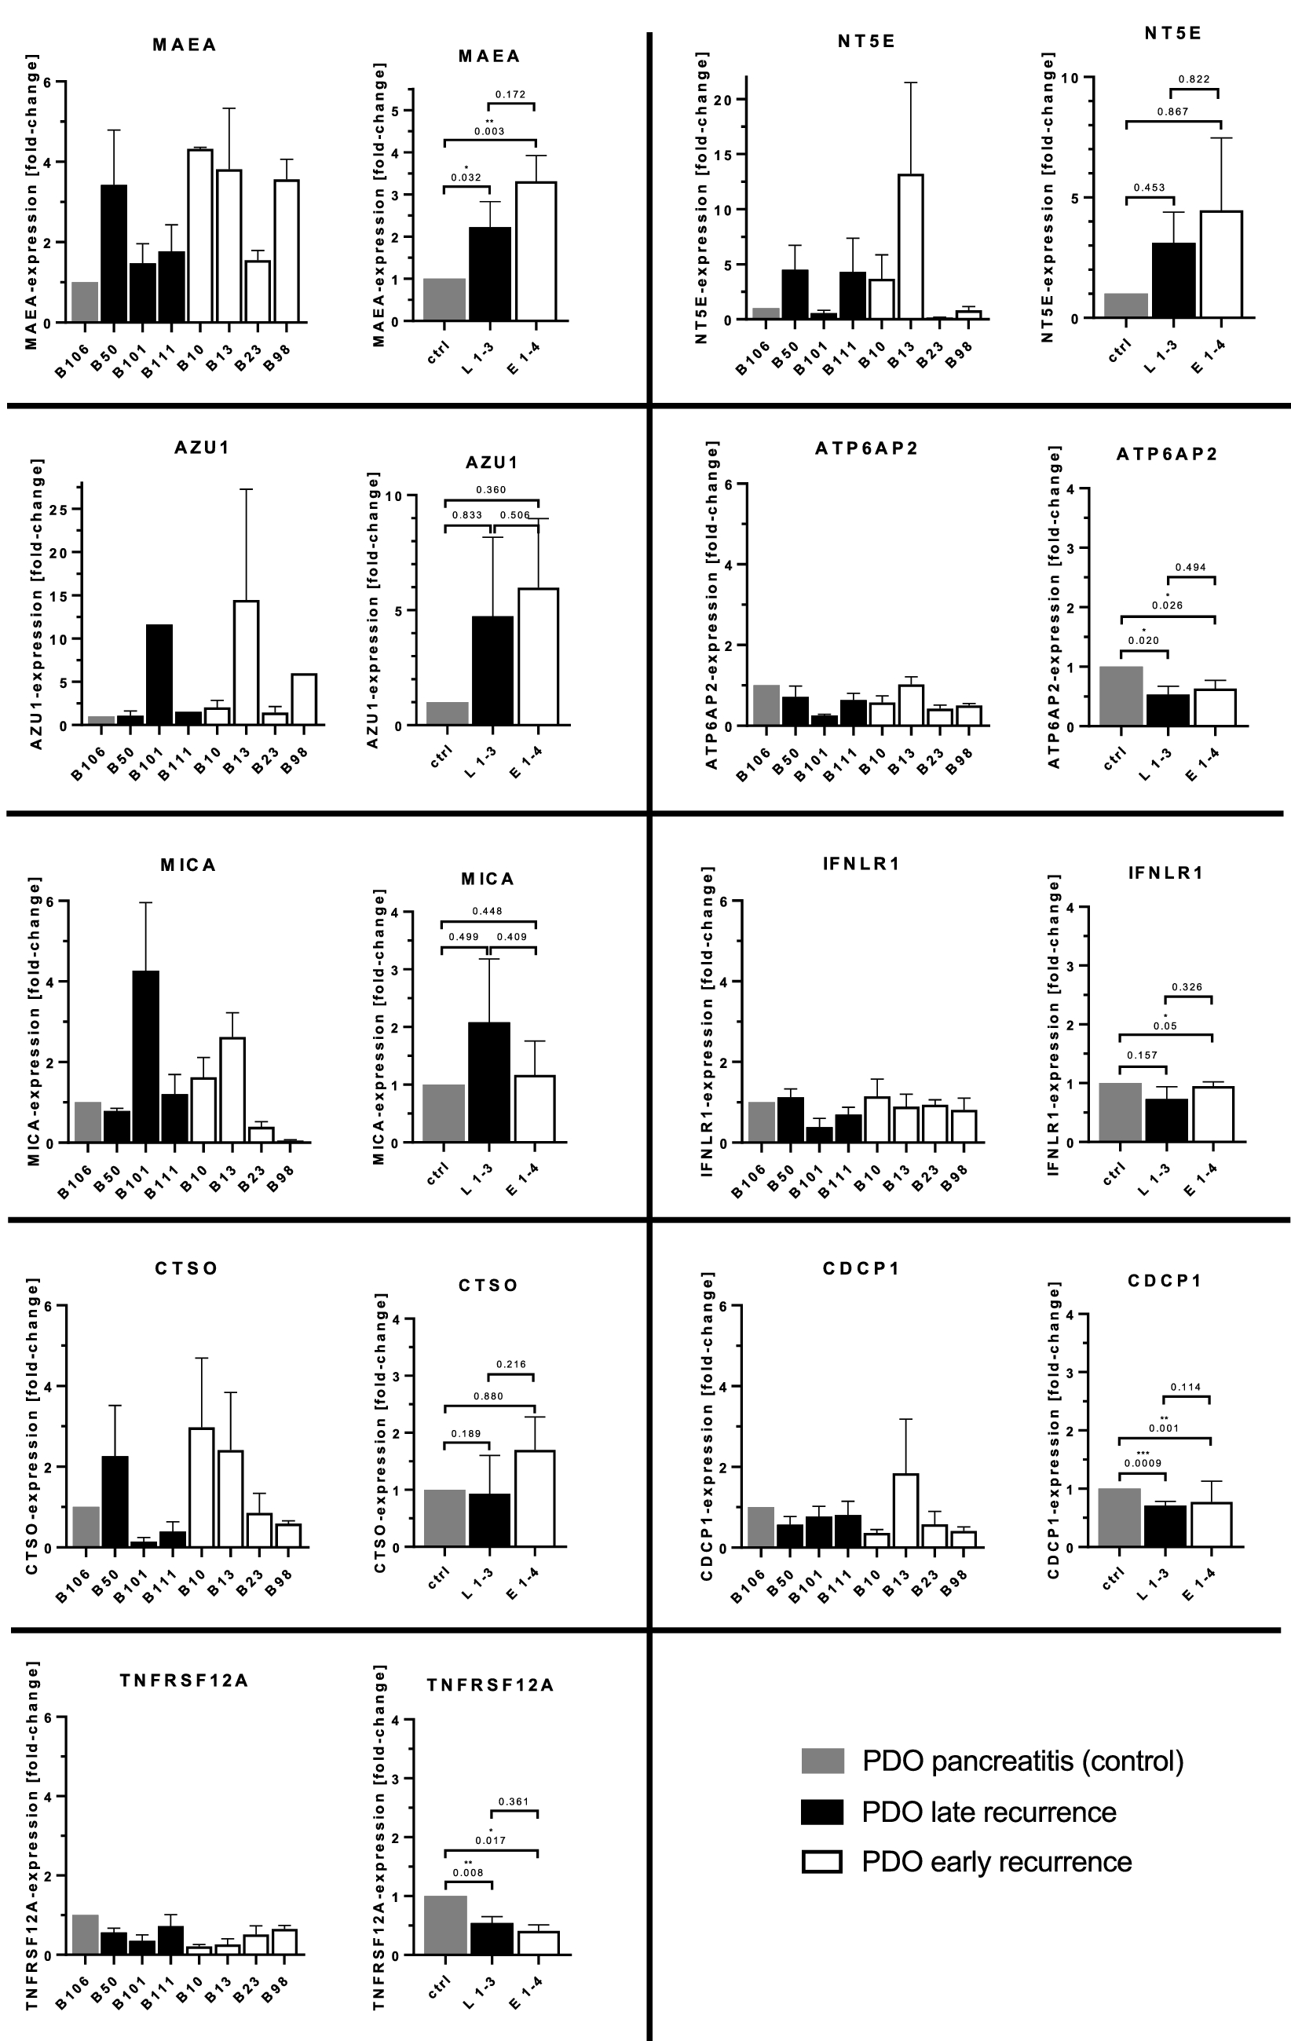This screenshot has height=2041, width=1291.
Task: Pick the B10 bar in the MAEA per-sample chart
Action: (200, 236)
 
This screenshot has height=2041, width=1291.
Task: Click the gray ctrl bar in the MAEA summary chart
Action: (444, 299)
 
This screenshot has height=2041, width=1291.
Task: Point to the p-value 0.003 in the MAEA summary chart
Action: (489, 131)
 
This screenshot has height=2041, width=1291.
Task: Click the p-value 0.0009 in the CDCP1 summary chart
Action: (1143, 1463)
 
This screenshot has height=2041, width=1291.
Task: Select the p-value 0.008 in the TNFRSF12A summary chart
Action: (468, 1872)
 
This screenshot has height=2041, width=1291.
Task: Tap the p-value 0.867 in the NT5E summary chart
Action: (1172, 111)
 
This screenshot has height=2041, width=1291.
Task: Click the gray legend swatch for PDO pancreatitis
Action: (822, 1761)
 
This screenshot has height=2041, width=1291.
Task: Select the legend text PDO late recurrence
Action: (989, 1812)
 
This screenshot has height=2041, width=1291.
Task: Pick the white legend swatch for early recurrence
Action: (822, 1862)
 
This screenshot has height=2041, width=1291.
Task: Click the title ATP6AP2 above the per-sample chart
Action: (866, 448)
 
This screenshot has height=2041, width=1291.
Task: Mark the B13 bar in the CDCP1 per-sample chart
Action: (905, 1510)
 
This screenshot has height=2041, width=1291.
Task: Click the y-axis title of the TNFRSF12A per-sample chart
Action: (33, 1839)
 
